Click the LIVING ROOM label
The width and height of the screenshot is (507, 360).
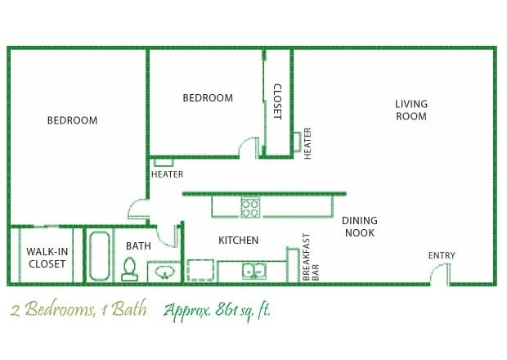point(411,110)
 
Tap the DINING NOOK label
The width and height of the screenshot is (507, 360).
point(359,227)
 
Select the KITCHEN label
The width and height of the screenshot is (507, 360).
point(238,241)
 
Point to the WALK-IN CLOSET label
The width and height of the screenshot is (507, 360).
point(47,258)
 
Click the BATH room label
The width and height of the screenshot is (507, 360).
point(137,245)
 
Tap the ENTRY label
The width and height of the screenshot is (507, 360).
point(442,256)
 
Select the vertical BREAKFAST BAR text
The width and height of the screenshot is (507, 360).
point(311,258)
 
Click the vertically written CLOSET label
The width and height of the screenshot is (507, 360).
point(277,101)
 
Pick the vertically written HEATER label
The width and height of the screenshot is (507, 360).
point(308,143)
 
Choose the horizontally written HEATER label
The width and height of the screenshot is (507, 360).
point(167,174)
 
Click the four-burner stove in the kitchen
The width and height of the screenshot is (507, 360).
point(249,208)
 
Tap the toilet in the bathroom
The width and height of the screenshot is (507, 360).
point(129,269)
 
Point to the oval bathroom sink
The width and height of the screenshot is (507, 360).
point(164,272)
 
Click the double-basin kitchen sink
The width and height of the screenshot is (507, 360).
point(253,271)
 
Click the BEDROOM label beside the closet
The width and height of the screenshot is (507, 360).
point(207,98)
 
